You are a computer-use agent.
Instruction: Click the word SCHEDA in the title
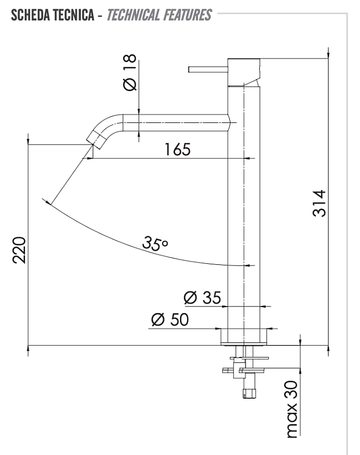(30, 15)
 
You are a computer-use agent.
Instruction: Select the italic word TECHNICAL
(133, 15)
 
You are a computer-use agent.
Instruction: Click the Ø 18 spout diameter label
(130, 72)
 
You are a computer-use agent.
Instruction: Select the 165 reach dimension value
(177, 149)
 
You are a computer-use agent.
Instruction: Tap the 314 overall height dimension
(319, 203)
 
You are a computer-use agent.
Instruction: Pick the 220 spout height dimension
(19, 250)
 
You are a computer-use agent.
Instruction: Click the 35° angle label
(155, 243)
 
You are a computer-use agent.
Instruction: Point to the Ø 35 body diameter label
(203, 297)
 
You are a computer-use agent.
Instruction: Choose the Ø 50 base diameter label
(170, 320)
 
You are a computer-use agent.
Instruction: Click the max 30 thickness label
(292, 409)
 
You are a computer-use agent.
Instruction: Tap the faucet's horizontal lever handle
(208, 70)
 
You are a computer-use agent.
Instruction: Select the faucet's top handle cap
(243, 72)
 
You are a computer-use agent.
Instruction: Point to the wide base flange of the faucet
(244, 337)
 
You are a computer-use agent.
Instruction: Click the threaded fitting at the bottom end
(250, 394)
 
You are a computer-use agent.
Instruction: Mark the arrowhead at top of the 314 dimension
(329, 55)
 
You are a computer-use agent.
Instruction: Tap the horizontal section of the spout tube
(176, 122)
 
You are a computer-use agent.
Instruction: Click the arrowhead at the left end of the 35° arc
(48, 202)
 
